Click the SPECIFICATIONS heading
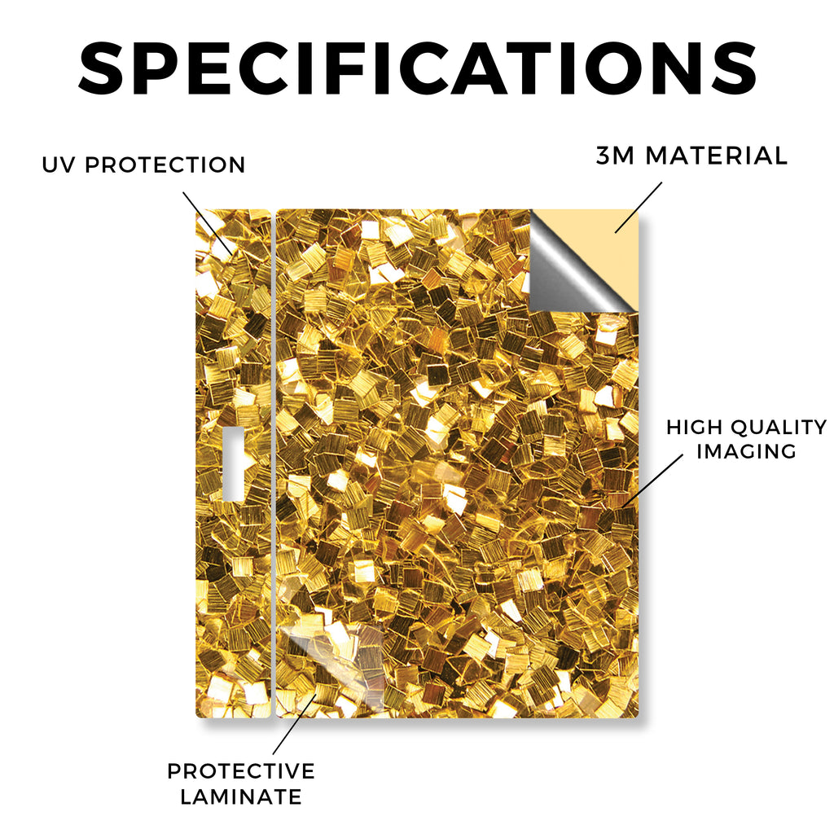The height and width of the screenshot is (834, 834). (418, 68)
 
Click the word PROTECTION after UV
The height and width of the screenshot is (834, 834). (165, 165)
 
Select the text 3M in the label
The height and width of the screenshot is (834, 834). (615, 156)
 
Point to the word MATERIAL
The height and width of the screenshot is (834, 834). (716, 156)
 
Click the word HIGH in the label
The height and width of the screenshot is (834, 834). (694, 427)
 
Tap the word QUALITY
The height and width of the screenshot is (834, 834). (778, 427)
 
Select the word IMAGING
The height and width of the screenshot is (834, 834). (746, 451)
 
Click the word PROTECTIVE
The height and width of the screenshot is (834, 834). (241, 771)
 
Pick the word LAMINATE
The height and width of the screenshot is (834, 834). (241, 797)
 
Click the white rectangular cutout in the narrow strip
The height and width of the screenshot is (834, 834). (233, 463)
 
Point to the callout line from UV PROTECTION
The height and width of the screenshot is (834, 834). (208, 223)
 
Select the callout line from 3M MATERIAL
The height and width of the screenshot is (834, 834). (639, 208)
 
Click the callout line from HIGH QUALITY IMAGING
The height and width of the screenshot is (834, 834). (652, 481)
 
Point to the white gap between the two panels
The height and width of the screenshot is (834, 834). (274, 463)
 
